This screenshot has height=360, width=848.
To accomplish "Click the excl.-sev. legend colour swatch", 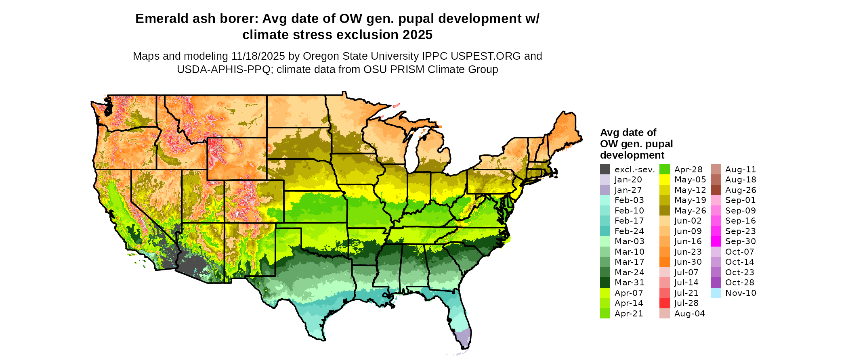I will pos(605,170).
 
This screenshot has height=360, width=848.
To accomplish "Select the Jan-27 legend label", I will pos(628,190).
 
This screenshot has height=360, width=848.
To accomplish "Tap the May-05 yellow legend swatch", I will pos(664,180).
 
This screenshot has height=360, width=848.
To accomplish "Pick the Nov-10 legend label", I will pos(741,293).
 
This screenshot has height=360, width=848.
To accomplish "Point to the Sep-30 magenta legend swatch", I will pos(716,241).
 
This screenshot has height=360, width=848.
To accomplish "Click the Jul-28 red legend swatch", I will pos(664,303).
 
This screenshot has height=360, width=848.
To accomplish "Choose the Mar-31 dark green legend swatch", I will pos(605,283).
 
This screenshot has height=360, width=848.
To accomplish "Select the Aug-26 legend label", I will pos(741,190).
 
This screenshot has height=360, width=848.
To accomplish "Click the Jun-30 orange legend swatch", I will pos(664,262).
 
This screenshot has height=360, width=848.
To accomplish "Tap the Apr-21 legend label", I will pos(629,314).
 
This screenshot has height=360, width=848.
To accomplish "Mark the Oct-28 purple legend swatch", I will pos(716,283).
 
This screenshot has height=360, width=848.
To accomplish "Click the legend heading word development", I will pos(632,155).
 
